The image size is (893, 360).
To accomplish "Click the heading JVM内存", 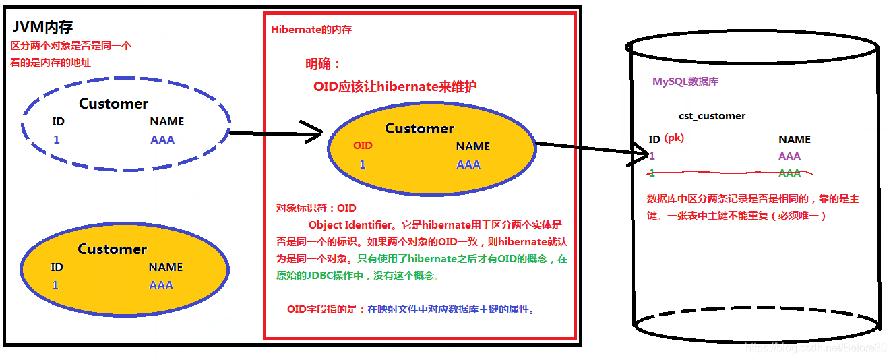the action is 42,28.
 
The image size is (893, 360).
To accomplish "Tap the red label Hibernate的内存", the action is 311,30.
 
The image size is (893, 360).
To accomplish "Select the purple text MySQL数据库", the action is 685,82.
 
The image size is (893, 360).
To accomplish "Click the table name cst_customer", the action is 712,116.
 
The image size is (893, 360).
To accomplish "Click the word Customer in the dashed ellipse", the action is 113,104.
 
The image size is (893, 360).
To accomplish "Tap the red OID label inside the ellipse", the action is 363,146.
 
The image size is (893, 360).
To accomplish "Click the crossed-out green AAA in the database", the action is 789,173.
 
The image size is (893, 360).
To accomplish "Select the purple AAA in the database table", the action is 789,156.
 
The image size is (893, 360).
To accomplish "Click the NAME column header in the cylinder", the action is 794,140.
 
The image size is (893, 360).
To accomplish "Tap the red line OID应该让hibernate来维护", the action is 396,87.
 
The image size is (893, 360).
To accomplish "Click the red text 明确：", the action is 323,65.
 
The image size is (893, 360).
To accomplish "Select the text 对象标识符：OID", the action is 316,208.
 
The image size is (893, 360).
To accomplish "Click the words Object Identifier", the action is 349,225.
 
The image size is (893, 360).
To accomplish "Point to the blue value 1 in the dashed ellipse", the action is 57,140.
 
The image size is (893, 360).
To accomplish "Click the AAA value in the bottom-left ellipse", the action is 161,285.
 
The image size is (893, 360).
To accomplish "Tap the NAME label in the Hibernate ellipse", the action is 472,146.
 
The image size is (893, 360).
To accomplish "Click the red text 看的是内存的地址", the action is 51,63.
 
